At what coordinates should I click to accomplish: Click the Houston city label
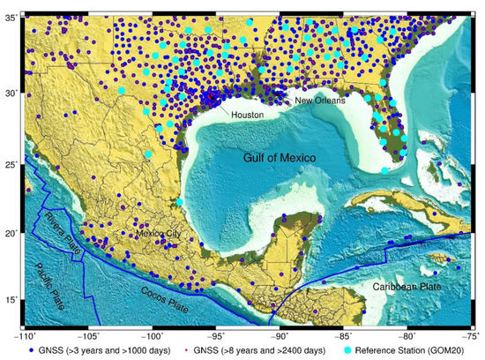click(x=247, y=116)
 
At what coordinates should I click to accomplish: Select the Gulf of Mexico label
click(x=281, y=157)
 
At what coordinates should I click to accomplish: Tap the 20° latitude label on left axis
click(x=11, y=234)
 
